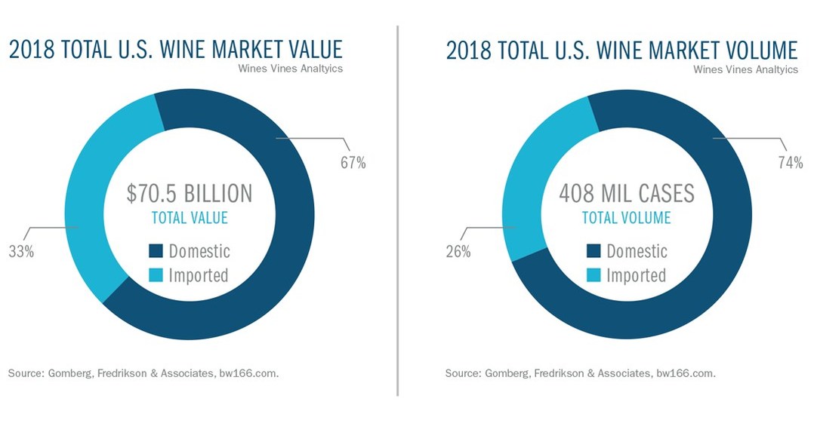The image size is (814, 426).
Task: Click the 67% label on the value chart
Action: [x=353, y=163]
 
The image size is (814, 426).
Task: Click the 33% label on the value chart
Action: [x=21, y=252]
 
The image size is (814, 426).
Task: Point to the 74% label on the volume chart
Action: [x=790, y=163]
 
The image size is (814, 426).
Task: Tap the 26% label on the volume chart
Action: [x=458, y=252]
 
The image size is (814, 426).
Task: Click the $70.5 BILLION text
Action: [x=189, y=194]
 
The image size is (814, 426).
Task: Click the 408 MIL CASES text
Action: [x=626, y=194]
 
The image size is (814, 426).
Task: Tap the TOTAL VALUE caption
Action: [x=190, y=218]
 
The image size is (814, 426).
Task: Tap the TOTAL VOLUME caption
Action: [x=626, y=218]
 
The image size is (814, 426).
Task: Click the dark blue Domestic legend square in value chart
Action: [x=156, y=251]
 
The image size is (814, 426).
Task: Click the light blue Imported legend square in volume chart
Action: [x=594, y=275]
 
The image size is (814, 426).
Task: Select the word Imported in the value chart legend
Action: [x=199, y=275]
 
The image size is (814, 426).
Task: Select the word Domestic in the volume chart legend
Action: [x=637, y=251]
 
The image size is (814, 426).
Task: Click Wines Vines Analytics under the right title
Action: [x=745, y=69]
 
